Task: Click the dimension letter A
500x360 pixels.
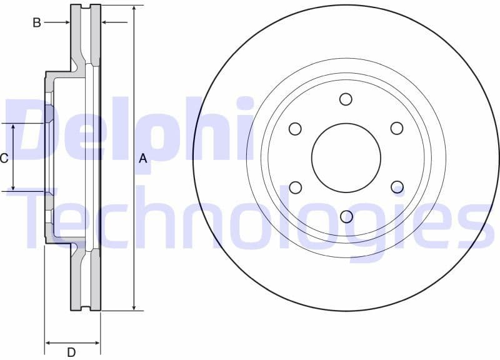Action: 143,159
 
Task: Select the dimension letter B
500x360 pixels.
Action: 37,23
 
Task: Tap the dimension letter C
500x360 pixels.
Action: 4,158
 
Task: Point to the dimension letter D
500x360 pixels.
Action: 71,352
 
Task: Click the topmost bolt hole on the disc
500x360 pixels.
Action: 346,99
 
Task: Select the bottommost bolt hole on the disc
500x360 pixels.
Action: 346,216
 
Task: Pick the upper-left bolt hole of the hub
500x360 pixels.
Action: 295,129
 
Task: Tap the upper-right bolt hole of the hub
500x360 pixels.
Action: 397,128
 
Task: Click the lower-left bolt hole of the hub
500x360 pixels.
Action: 295,187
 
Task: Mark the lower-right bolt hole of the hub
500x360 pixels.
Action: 397,187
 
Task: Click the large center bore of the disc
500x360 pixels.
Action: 346,157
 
